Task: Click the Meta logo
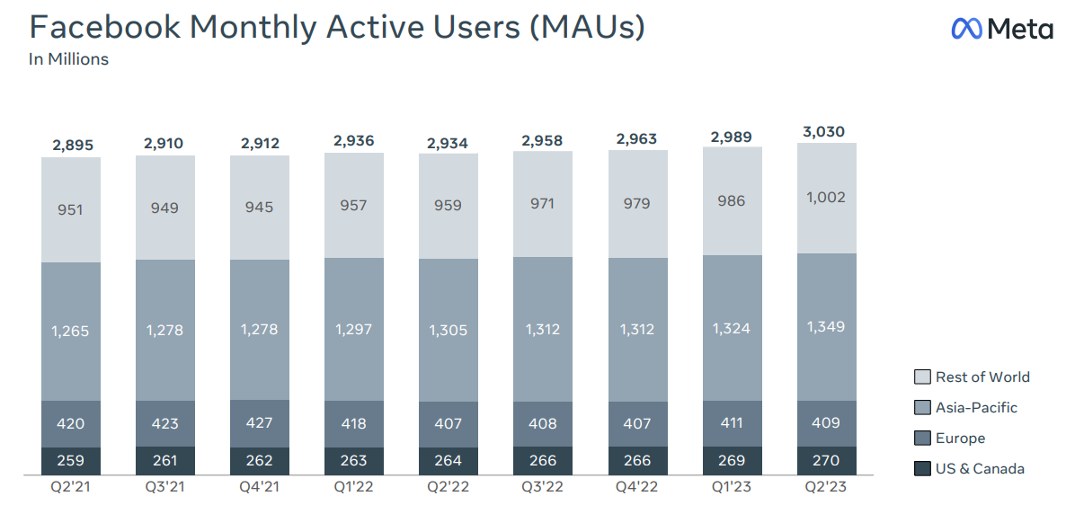(x=1001, y=29)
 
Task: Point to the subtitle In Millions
(x=68, y=59)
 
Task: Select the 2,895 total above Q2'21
(x=70, y=145)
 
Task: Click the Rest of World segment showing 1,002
(x=826, y=198)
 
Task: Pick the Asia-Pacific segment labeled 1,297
(x=353, y=329)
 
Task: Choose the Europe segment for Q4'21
(x=259, y=423)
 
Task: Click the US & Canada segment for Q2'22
(x=448, y=461)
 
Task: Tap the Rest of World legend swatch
(x=921, y=377)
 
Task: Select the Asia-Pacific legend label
(x=976, y=407)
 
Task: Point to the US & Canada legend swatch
(x=921, y=468)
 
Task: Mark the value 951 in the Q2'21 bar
(x=70, y=209)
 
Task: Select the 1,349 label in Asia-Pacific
(x=826, y=325)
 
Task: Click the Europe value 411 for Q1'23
(x=732, y=422)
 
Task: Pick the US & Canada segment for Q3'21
(x=164, y=461)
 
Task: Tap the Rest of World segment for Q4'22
(x=637, y=204)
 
